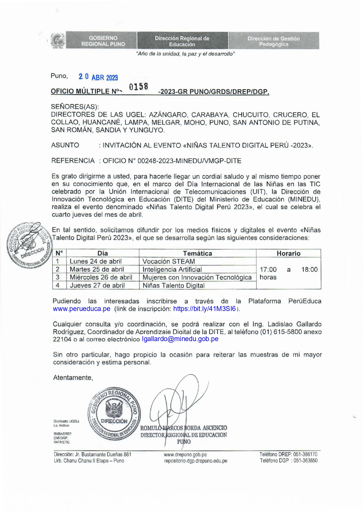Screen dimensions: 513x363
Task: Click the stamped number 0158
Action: (x=139, y=87)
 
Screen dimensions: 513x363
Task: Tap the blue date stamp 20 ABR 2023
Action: (x=98, y=77)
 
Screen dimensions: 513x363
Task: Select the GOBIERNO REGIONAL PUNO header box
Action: (x=103, y=41)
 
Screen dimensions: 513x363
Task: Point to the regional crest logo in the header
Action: (x=58, y=41)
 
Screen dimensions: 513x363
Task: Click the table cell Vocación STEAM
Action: (x=169, y=261)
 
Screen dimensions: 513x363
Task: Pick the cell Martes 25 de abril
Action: (x=97, y=269)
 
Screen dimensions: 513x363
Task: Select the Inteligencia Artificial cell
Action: (x=172, y=269)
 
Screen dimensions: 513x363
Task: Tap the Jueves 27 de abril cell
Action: (x=97, y=285)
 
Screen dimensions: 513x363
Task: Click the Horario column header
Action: (x=288, y=253)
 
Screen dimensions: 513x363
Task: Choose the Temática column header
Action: (x=197, y=253)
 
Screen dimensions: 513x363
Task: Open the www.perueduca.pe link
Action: (x=82, y=309)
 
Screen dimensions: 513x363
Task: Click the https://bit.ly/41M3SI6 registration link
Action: (x=204, y=309)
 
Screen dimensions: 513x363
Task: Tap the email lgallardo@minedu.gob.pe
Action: (x=180, y=339)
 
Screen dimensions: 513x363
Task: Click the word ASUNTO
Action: (x=65, y=145)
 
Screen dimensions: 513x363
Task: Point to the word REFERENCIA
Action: (x=73, y=161)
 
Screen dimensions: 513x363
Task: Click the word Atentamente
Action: (x=73, y=378)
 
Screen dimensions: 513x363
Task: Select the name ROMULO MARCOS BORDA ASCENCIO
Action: (x=184, y=428)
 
